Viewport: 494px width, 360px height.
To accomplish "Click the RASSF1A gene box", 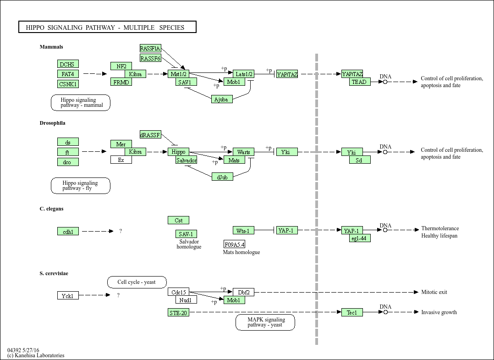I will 150,49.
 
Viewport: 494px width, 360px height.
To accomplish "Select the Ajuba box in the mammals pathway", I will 222,99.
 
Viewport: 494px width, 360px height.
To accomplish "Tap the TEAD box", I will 360,82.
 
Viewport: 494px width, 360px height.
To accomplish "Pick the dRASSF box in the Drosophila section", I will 150,135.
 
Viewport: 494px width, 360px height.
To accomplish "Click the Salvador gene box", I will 187,160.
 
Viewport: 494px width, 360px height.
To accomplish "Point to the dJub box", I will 222,177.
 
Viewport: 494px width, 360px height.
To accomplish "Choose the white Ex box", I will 121,160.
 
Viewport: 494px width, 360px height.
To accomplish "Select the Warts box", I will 243,152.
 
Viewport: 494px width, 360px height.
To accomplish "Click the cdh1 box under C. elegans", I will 68,232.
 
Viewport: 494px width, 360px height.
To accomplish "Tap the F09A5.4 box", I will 234,244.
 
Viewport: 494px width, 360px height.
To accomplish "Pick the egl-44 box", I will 360,238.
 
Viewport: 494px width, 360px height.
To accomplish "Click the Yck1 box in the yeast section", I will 68,296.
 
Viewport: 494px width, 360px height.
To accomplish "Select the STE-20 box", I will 178,313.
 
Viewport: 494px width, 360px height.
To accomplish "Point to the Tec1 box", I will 352,312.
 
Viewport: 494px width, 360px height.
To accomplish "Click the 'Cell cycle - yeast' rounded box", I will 137,282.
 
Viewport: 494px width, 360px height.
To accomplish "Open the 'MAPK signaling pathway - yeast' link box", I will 265,322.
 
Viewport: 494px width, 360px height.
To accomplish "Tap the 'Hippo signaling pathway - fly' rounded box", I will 80,186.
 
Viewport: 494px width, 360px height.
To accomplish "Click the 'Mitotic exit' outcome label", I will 434,292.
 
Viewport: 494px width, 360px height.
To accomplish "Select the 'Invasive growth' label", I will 439,312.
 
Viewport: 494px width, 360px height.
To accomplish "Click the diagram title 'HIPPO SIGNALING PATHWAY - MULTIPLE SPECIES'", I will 107,28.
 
